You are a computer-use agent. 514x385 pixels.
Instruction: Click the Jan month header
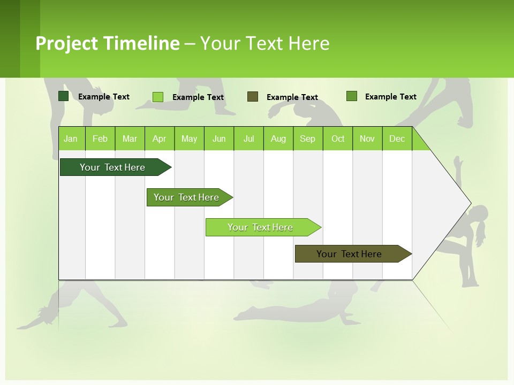click(x=71, y=138)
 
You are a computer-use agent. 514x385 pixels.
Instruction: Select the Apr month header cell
click(x=160, y=138)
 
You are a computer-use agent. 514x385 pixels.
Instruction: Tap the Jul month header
click(x=249, y=138)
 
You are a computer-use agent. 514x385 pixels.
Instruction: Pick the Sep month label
click(x=308, y=138)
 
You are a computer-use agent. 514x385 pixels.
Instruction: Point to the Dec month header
click(x=397, y=138)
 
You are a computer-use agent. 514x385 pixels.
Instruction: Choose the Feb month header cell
click(x=100, y=138)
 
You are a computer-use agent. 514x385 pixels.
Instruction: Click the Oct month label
click(x=338, y=138)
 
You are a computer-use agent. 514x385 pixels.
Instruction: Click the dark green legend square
click(x=63, y=96)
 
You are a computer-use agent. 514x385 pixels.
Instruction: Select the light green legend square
click(x=158, y=97)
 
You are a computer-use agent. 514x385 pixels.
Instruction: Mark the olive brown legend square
click(x=253, y=97)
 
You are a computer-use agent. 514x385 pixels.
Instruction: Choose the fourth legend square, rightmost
click(x=352, y=96)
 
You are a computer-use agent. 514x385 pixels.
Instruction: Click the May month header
click(x=189, y=138)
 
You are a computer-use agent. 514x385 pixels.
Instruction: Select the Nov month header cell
click(x=367, y=138)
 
